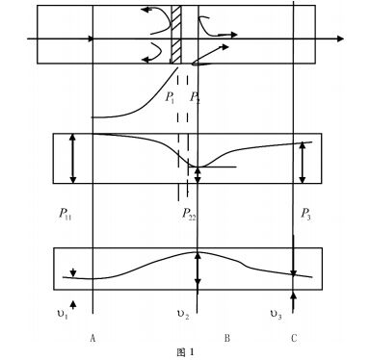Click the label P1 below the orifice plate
point(171,97)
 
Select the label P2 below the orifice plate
point(196,97)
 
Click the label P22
point(191,214)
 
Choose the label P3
point(304,214)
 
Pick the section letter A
point(92,338)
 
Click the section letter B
point(226,338)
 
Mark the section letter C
point(293,338)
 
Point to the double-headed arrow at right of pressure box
point(304,161)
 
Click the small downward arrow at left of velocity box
point(71,270)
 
